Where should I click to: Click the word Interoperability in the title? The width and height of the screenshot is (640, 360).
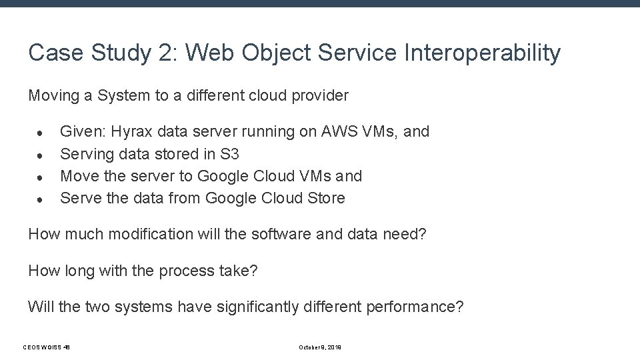click(x=483, y=53)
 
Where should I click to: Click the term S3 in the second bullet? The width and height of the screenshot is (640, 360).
click(x=228, y=154)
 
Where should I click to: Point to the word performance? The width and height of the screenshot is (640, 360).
click(x=412, y=307)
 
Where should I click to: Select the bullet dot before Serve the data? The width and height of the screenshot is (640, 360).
click(x=41, y=199)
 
